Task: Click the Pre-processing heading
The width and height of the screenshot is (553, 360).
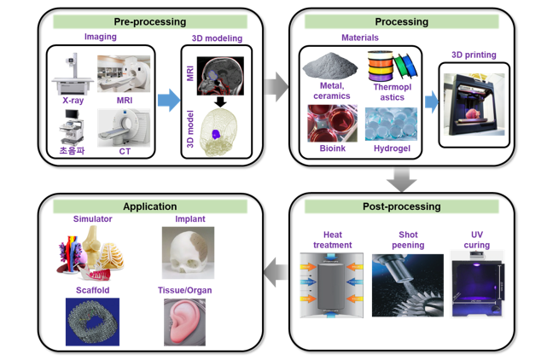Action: pos(150,22)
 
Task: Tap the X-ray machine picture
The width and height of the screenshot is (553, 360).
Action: pos(73,73)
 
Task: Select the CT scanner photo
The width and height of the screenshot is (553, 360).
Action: pos(124,128)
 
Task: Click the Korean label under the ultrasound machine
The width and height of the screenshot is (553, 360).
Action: pos(73,150)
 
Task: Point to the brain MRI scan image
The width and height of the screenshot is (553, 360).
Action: pos(220,76)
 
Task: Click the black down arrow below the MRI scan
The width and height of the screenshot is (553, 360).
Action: pos(220,102)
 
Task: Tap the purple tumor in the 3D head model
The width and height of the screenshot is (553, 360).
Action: pos(216,134)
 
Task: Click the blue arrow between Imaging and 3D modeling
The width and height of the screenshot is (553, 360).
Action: pos(169,100)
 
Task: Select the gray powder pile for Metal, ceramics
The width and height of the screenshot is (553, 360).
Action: pos(329,66)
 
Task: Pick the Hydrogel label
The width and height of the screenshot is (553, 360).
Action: pos(393,148)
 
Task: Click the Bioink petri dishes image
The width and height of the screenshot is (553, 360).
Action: pos(332,124)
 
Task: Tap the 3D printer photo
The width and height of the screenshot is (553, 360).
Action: pos(474,104)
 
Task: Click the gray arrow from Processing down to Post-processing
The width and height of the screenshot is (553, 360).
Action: pos(401,180)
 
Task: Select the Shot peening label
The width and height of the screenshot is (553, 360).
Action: pos(408,240)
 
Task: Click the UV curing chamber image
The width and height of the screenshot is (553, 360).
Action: pos(478,285)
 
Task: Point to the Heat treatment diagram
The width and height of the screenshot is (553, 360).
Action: pos(331,285)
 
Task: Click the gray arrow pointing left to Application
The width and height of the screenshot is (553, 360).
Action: pos(276,272)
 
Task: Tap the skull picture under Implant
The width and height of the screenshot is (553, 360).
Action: pos(188,253)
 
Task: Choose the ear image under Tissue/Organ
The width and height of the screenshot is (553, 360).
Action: pos(184,322)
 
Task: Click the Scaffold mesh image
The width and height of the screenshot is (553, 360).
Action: pos(92,322)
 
